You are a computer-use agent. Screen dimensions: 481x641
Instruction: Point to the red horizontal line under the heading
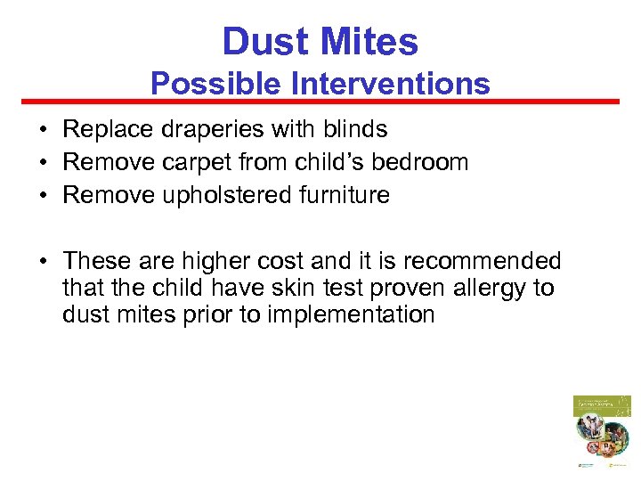320,102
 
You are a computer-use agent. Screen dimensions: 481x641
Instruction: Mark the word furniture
343,195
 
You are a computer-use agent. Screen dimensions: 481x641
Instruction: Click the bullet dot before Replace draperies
43,131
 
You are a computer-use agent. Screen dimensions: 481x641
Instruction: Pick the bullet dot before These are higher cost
43,263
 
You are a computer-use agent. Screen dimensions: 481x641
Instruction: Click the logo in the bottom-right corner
601,431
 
